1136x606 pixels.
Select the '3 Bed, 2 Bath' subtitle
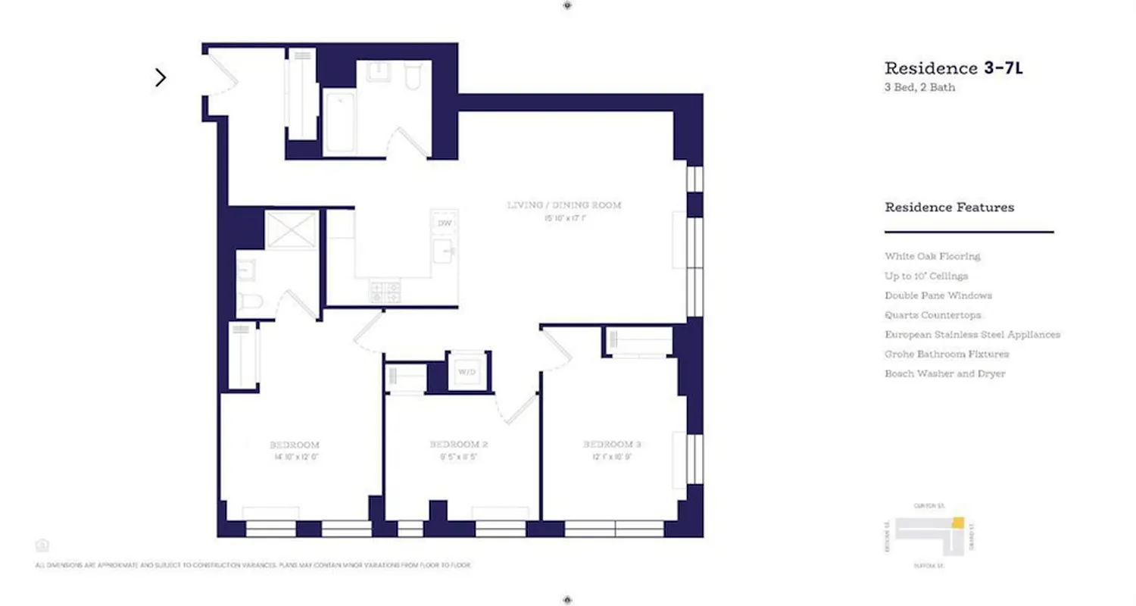pos(919,87)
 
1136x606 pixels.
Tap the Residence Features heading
pos(949,207)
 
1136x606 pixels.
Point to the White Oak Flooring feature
pos(932,256)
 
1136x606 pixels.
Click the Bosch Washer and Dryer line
pos(944,373)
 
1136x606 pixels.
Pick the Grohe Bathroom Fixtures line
pos(947,354)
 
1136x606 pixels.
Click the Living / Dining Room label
pos(564,205)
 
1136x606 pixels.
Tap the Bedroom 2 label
pos(458,445)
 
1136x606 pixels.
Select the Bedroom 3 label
pos(612,444)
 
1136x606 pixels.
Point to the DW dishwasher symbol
pos(444,223)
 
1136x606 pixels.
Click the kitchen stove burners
pos(385,292)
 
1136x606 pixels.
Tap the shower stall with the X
pos(292,230)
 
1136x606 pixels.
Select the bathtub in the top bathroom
pos(339,121)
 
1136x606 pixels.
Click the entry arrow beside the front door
pos(161,77)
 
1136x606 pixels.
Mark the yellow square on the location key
pos(958,522)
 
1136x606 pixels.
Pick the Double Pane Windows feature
pos(938,295)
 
